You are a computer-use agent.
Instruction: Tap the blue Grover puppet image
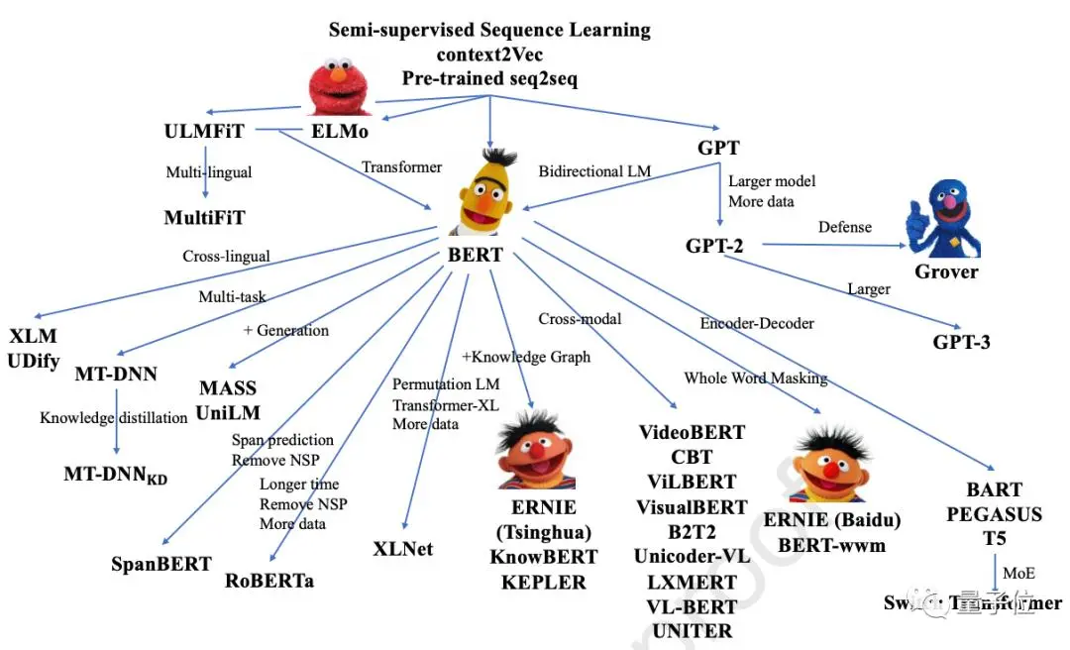(x=945, y=221)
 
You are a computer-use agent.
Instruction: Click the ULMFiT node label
(x=204, y=131)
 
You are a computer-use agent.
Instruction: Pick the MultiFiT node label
(x=204, y=216)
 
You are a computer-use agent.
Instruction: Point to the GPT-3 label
(x=961, y=342)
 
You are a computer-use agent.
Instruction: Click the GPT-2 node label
(x=715, y=246)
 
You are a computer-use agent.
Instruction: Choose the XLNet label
(x=403, y=548)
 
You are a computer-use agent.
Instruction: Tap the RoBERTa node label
(x=269, y=581)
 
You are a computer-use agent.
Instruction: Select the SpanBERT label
(x=161, y=564)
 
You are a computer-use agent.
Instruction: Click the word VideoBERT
(x=692, y=432)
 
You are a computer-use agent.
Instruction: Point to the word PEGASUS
(x=994, y=514)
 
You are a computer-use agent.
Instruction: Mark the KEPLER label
(x=544, y=582)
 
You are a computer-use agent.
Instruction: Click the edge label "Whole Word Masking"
(x=755, y=378)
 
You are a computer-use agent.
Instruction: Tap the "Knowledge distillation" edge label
(x=113, y=417)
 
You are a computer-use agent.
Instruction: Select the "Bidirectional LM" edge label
(x=594, y=171)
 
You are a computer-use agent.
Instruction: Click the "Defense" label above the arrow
(x=845, y=227)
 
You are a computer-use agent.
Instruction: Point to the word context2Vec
(x=489, y=54)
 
